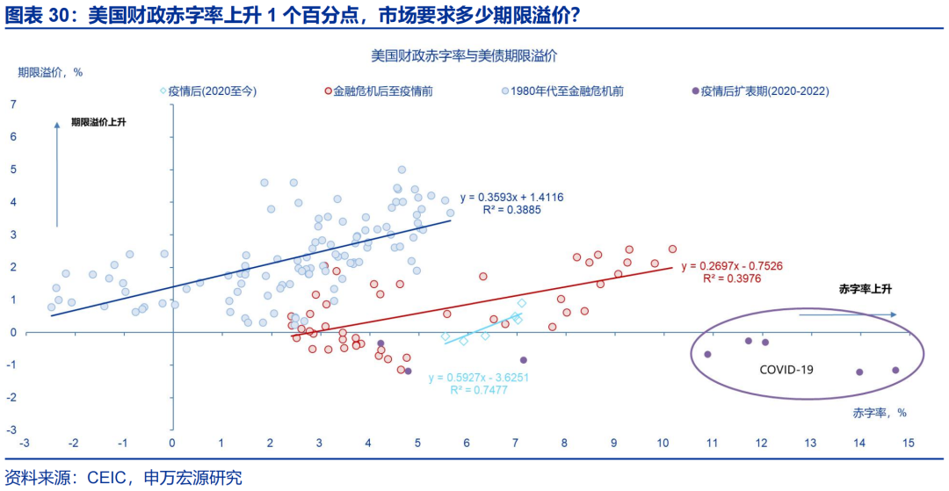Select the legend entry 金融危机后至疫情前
383,90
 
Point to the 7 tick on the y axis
13,105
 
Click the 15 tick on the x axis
908,442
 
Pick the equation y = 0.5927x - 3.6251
478,378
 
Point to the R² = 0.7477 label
478,391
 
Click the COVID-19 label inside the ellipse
786,370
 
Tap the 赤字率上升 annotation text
866,289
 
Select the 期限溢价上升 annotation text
98,122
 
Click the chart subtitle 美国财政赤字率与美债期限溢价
464,55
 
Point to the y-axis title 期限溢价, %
50,73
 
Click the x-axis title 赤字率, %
880,412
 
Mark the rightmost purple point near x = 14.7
895,371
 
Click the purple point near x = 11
707,354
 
